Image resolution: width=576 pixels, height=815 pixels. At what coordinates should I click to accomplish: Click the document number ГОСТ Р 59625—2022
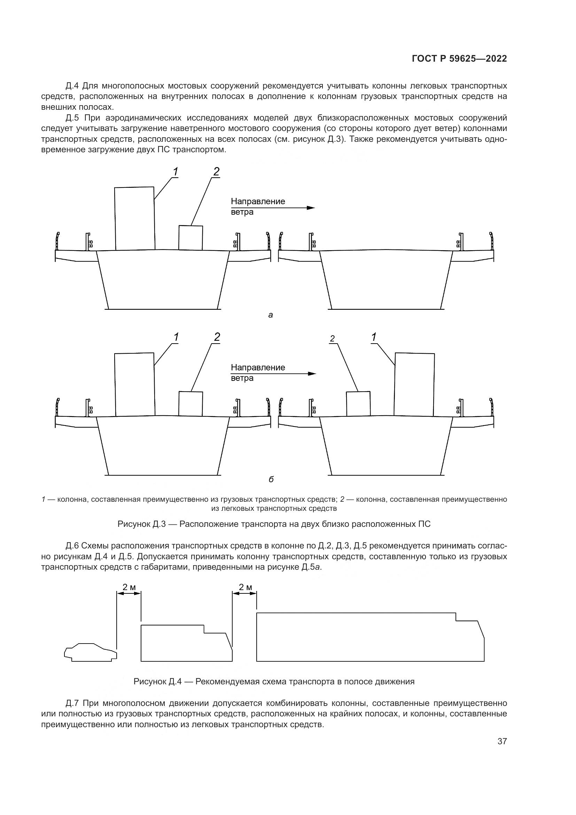(459, 59)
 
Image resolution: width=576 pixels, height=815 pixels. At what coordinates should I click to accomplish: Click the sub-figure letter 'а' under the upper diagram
(271, 315)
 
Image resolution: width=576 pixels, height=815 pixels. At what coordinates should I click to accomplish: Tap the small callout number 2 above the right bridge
(332, 339)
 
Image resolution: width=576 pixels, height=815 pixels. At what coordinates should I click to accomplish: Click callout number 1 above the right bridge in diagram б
(373, 337)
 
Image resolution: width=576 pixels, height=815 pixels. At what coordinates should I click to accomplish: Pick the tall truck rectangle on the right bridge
(414, 384)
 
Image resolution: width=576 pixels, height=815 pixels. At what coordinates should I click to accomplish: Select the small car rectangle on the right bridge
(358, 403)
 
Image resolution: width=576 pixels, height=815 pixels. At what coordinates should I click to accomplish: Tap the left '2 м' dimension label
(129, 587)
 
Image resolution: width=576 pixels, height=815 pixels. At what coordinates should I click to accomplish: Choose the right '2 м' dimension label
(245, 587)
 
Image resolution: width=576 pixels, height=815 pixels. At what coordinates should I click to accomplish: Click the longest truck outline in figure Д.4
(369, 637)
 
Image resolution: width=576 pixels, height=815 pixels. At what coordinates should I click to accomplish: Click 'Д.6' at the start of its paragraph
(73, 546)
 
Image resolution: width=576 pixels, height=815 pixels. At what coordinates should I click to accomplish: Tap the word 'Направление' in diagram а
(258, 202)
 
